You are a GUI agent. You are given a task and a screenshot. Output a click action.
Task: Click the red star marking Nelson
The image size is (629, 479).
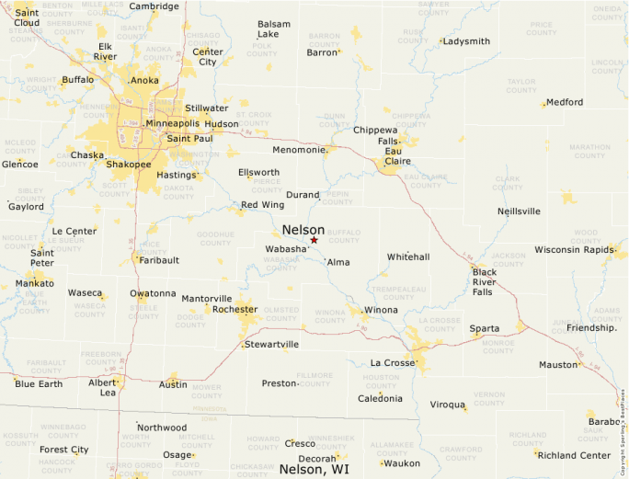pyautogui.click(x=314, y=240)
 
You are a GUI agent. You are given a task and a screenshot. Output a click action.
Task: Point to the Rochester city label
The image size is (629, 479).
pyautogui.click(x=234, y=310)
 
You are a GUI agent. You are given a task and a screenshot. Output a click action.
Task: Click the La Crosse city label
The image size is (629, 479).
pyautogui.click(x=393, y=363)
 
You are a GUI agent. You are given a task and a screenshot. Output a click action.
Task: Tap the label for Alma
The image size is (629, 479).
pyautogui.click(x=338, y=262)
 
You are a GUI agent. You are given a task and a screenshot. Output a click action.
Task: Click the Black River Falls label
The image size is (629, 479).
pyautogui.click(x=484, y=281)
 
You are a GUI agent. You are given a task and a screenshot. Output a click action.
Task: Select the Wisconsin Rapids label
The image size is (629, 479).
pyautogui.click(x=574, y=250)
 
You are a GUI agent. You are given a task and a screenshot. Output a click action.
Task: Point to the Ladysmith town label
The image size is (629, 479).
pyautogui.click(x=466, y=41)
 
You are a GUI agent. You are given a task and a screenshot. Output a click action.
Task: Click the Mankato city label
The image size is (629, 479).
pyautogui.click(x=34, y=284)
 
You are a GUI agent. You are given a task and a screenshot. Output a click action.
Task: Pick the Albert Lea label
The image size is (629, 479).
pyautogui.click(x=102, y=387)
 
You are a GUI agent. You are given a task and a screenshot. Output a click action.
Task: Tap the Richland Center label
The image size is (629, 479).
pyautogui.click(x=575, y=455)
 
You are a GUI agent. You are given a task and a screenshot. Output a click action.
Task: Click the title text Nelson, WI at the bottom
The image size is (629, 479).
pyautogui.click(x=314, y=469)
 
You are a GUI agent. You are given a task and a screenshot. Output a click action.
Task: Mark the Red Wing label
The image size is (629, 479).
pyautogui.click(x=262, y=204)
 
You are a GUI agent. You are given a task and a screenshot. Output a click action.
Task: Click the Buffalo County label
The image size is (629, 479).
pyautogui.click(x=344, y=236)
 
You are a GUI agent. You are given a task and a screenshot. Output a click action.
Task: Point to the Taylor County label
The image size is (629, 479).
pyautogui.click(x=521, y=86)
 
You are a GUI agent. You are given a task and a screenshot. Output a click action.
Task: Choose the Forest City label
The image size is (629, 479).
pyautogui.click(x=64, y=450)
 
